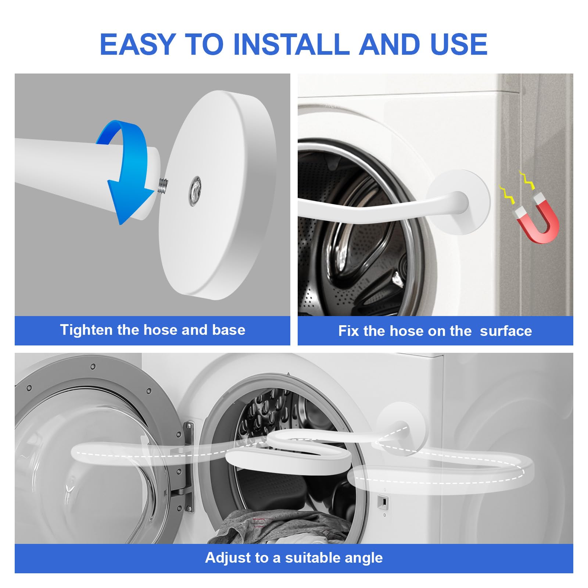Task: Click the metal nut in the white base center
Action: point(195,187)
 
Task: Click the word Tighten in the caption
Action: point(86,330)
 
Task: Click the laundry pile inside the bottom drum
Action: point(279,526)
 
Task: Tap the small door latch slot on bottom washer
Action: point(383,501)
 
